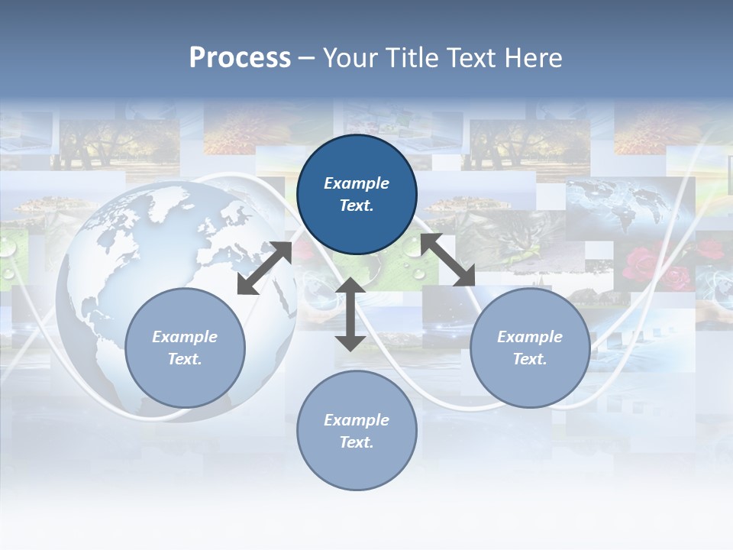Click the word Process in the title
pos(240,58)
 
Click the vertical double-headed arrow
pos(350,314)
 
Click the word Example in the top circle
pos(357,183)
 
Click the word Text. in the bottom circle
pos(357,442)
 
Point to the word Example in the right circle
pos(530,337)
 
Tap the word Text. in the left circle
pos(185,359)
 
